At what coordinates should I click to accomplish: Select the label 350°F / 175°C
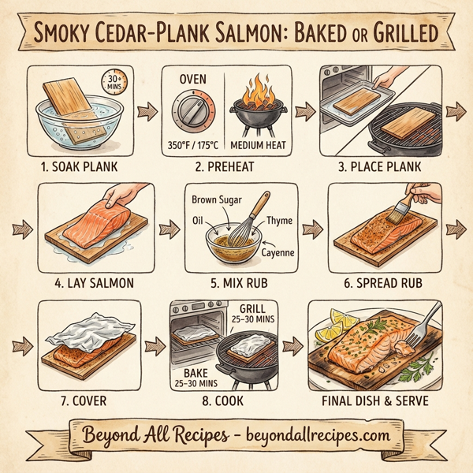(193, 147)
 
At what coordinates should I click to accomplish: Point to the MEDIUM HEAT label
(258, 147)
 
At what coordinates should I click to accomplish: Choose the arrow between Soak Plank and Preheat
(147, 111)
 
